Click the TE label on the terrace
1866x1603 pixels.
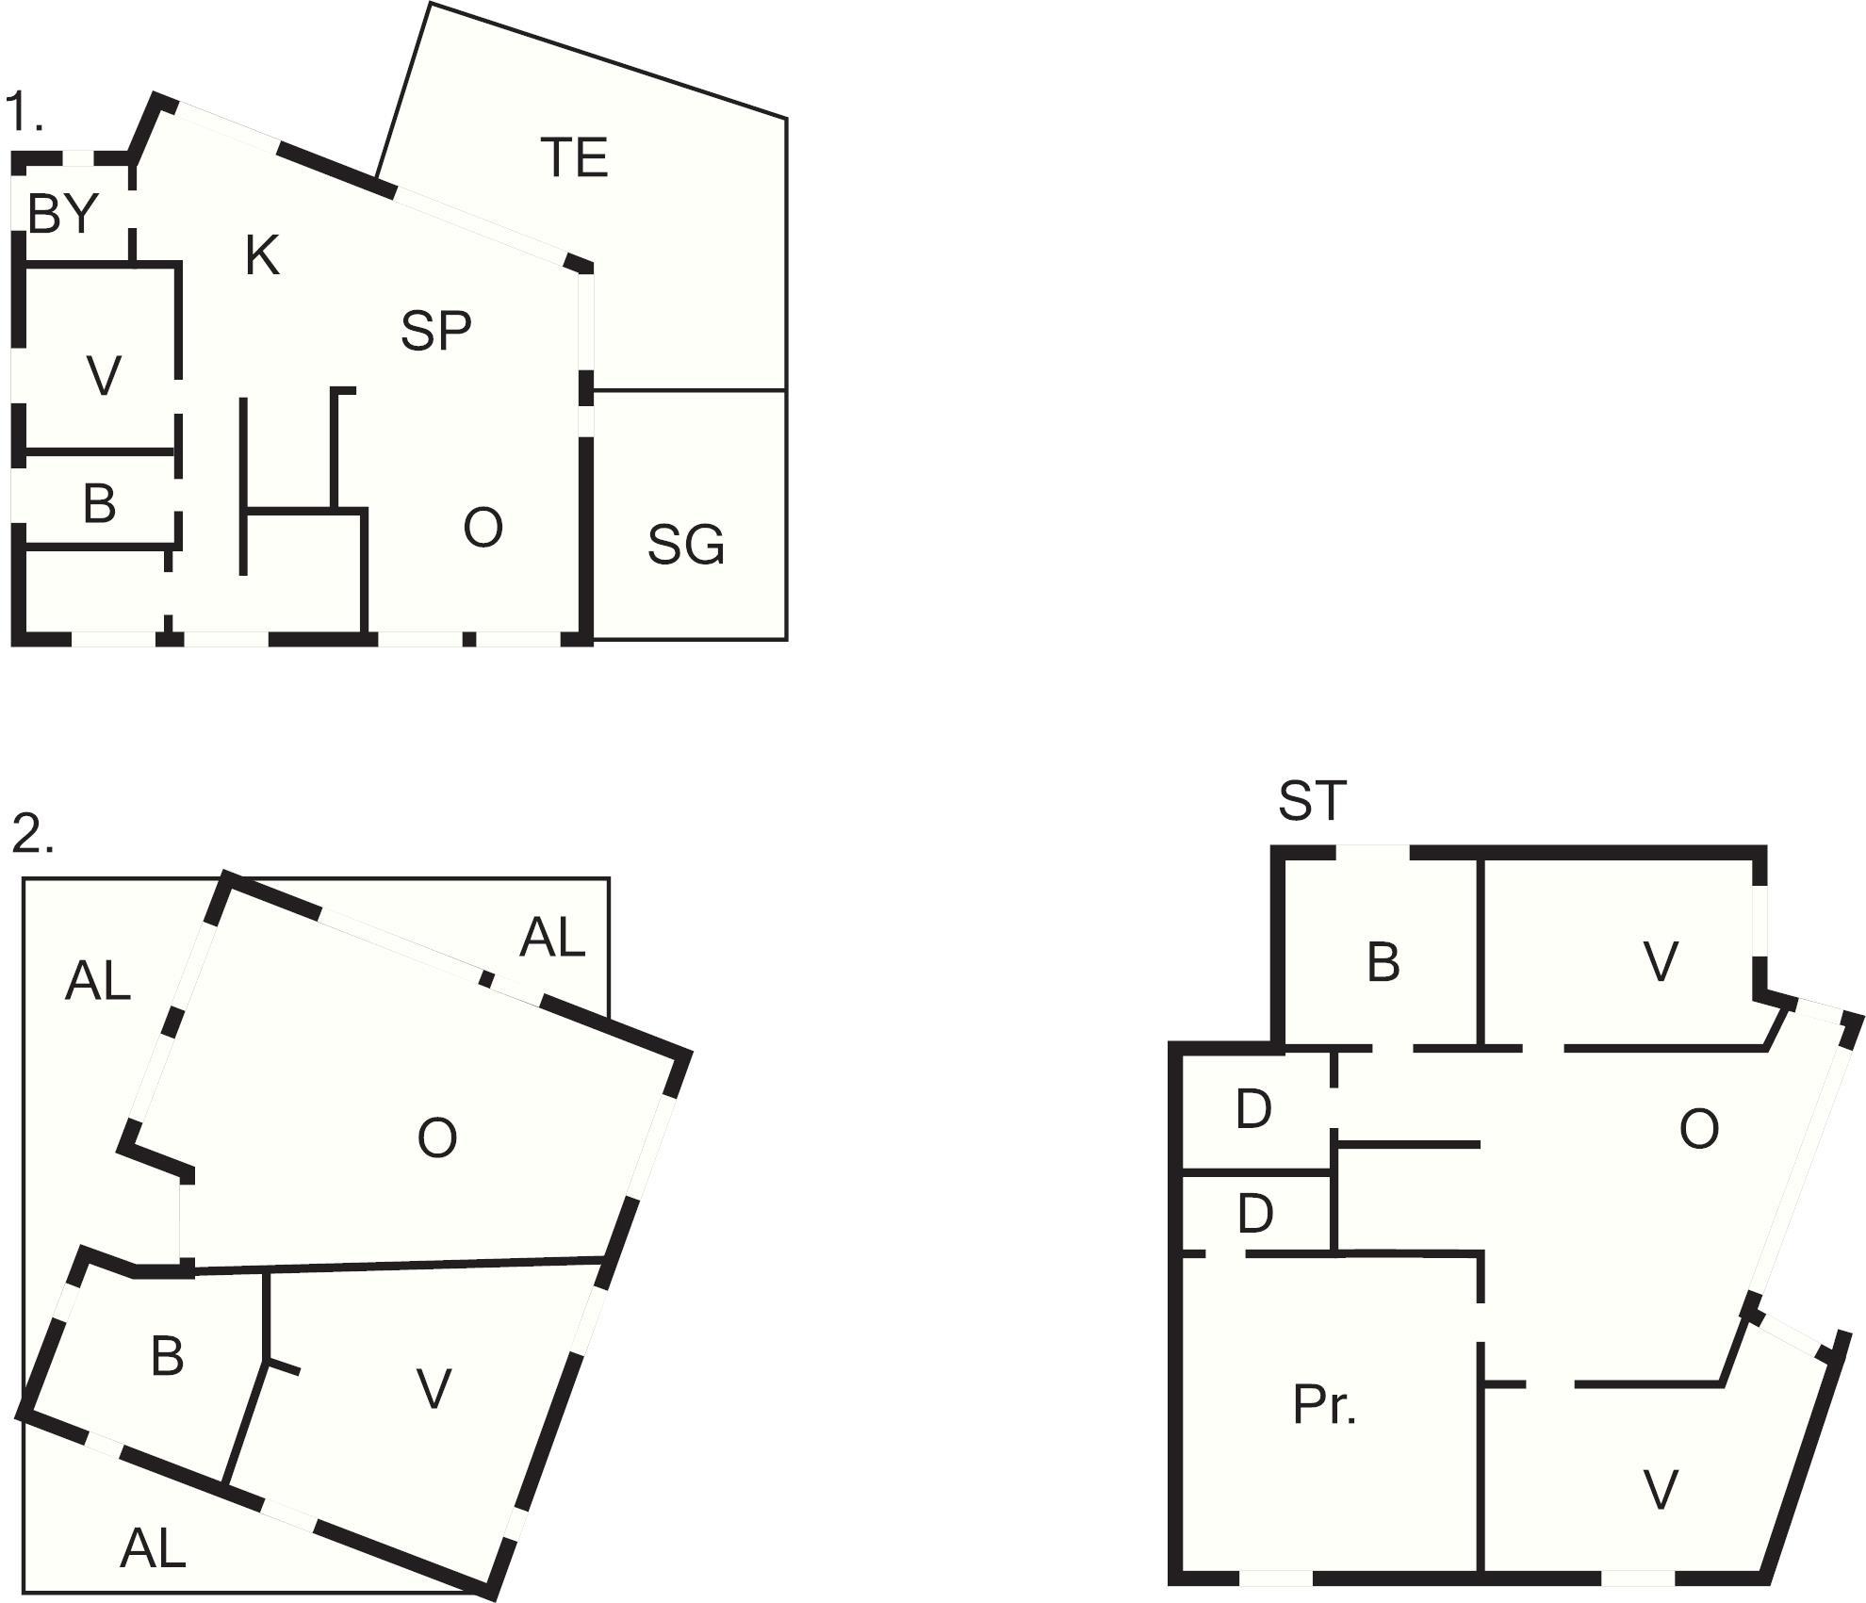[575, 157]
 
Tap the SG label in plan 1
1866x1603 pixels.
[686, 545]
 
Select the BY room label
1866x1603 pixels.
[63, 213]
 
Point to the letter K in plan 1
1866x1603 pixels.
[262, 254]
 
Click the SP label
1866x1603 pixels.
[435, 331]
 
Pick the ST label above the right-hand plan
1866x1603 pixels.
[1312, 800]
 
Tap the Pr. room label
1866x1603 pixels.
[1324, 1404]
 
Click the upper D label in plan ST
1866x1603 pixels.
[1253, 1109]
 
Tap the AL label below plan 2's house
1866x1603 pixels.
[153, 1547]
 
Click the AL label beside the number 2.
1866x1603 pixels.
[97, 982]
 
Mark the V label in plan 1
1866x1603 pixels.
[104, 376]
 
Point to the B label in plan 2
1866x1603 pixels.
[167, 1356]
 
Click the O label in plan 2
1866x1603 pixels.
[437, 1137]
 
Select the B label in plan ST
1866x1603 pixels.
[1383, 962]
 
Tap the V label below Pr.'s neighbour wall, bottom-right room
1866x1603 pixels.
[1660, 1490]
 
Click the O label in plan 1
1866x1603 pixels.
[483, 528]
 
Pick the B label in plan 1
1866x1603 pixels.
[99, 503]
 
